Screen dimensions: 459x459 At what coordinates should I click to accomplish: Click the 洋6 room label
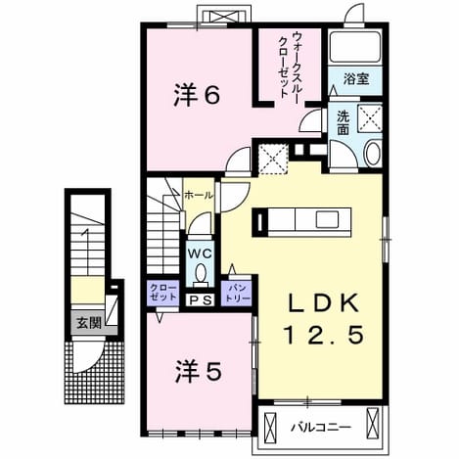pos(197,95)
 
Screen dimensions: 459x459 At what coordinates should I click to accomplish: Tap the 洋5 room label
pos(199,372)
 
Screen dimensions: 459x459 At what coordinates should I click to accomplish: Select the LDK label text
pos(324,302)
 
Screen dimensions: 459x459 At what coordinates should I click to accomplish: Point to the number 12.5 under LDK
pos(324,335)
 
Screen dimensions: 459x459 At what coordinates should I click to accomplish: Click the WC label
pos(200,253)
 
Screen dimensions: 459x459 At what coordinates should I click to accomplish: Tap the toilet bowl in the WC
pos(200,273)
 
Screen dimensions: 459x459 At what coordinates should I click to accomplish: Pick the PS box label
pos(200,300)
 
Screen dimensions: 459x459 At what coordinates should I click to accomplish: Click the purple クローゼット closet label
pos(162,293)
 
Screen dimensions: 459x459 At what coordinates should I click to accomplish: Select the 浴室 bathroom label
pos(356,79)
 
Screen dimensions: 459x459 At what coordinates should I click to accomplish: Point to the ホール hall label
pos(199,196)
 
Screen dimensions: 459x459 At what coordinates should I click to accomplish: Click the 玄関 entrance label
pos(89,323)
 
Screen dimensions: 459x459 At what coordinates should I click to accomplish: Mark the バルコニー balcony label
pos(321,428)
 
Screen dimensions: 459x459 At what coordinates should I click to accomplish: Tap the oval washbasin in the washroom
pos(374,154)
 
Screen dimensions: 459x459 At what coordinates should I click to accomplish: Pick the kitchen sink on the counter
pos(327,219)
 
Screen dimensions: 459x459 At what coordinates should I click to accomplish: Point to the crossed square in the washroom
pos(370,117)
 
